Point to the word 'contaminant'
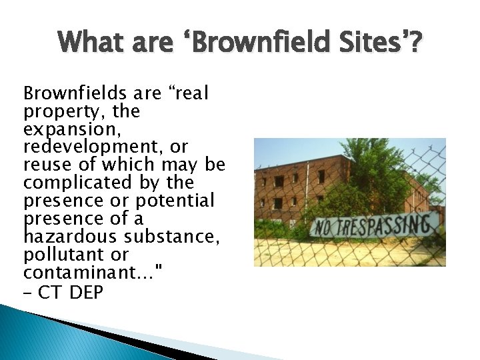(73, 273)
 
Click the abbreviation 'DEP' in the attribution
(86, 291)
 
